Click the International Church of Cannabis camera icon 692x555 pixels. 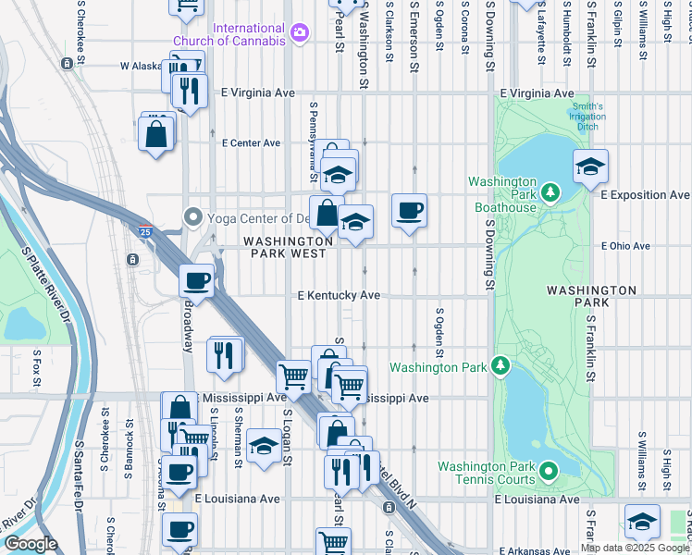298,34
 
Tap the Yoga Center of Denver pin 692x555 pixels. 193,218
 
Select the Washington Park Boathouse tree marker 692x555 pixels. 550,191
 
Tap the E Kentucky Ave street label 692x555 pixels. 339,296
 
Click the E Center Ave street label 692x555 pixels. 251,143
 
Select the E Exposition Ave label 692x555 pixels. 645,196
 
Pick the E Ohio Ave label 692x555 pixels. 625,246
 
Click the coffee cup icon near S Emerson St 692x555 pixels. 409,211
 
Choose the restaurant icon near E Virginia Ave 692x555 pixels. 189,91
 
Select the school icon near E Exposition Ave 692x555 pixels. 590,167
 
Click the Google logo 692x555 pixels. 31,544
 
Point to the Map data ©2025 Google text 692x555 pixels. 634,548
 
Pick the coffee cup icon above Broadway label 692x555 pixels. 197,279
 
